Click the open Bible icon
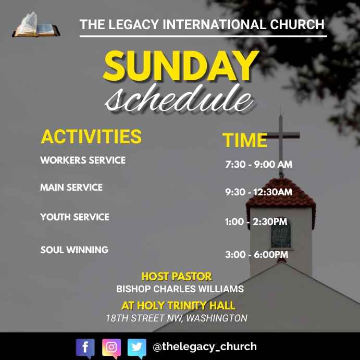pyautogui.click(x=35, y=24)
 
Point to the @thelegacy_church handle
pyautogui.click(x=204, y=346)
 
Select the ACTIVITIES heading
pyautogui.click(x=91, y=136)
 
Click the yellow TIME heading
pyautogui.click(x=245, y=140)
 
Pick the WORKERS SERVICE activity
pyautogui.click(x=83, y=160)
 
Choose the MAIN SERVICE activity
pyautogui.click(x=71, y=187)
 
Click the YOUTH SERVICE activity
pyautogui.click(x=75, y=217)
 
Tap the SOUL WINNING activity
pyautogui.click(x=75, y=250)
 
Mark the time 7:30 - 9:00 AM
pyautogui.click(x=258, y=165)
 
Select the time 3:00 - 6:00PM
pyautogui.click(x=256, y=255)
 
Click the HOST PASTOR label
pyautogui.click(x=177, y=277)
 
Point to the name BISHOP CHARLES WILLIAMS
pyautogui.click(x=180, y=289)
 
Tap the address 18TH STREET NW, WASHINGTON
pyautogui.click(x=176, y=318)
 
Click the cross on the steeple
pyautogui.click(x=281, y=141)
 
